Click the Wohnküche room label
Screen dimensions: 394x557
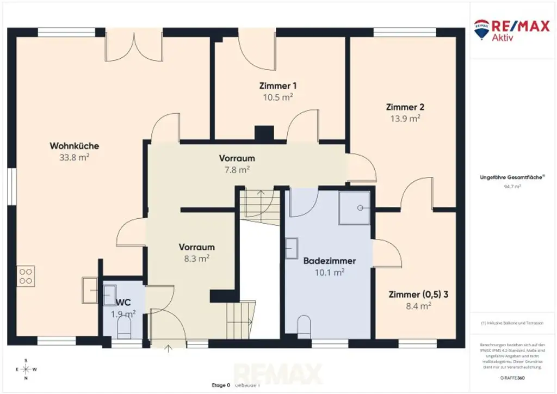click(x=74, y=146)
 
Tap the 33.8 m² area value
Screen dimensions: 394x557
click(x=74, y=158)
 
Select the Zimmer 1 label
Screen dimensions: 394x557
click(x=277, y=85)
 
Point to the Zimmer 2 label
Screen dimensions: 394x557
click(x=405, y=106)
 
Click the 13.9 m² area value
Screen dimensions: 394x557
click(x=405, y=118)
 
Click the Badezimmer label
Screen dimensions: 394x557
click(x=330, y=261)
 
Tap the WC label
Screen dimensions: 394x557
click(x=123, y=302)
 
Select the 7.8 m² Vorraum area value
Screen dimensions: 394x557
click(x=237, y=170)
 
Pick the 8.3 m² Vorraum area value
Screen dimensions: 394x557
click(x=196, y=259)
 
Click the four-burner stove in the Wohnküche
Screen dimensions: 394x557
click(x=26, y=276)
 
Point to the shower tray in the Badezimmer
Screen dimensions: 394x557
click(x=354, y=208)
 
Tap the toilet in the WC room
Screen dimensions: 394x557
click(x=124, y=328)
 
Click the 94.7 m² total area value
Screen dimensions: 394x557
click(x=512, y=186)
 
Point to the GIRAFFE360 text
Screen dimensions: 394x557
click(x=512, y=377)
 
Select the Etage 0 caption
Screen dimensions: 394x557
click(x=221, y=385)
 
